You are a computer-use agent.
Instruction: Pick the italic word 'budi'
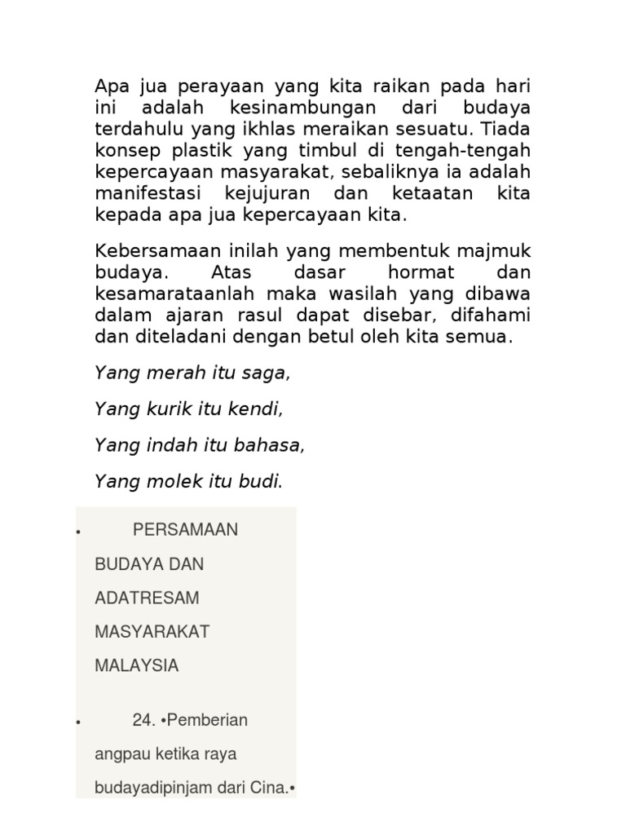coord(261,482)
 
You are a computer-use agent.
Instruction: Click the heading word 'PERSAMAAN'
coord(185,530)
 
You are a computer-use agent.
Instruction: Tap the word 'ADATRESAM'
coord(147,598)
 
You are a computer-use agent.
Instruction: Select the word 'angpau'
coord(119,754)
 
